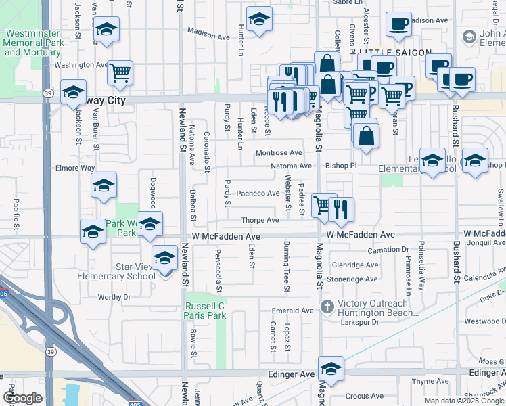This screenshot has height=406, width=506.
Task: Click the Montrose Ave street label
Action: coord(279,153)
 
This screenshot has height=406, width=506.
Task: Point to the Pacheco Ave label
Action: coord(258,194)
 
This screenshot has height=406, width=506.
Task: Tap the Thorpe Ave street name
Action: coord(260,221)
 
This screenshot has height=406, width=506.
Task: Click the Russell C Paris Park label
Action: coord(204,311)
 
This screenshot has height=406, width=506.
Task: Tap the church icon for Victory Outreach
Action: coord(327,306)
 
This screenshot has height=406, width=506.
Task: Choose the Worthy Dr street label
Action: coord(114,297)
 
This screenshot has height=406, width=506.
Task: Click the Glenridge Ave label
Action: coord(354,265)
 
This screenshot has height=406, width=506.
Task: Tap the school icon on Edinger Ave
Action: coord(331,369)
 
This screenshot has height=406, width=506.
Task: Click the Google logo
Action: coord(23,398)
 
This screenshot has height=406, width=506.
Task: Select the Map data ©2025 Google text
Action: coord(463,401)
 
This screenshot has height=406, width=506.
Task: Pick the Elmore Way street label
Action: coord(75,168)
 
